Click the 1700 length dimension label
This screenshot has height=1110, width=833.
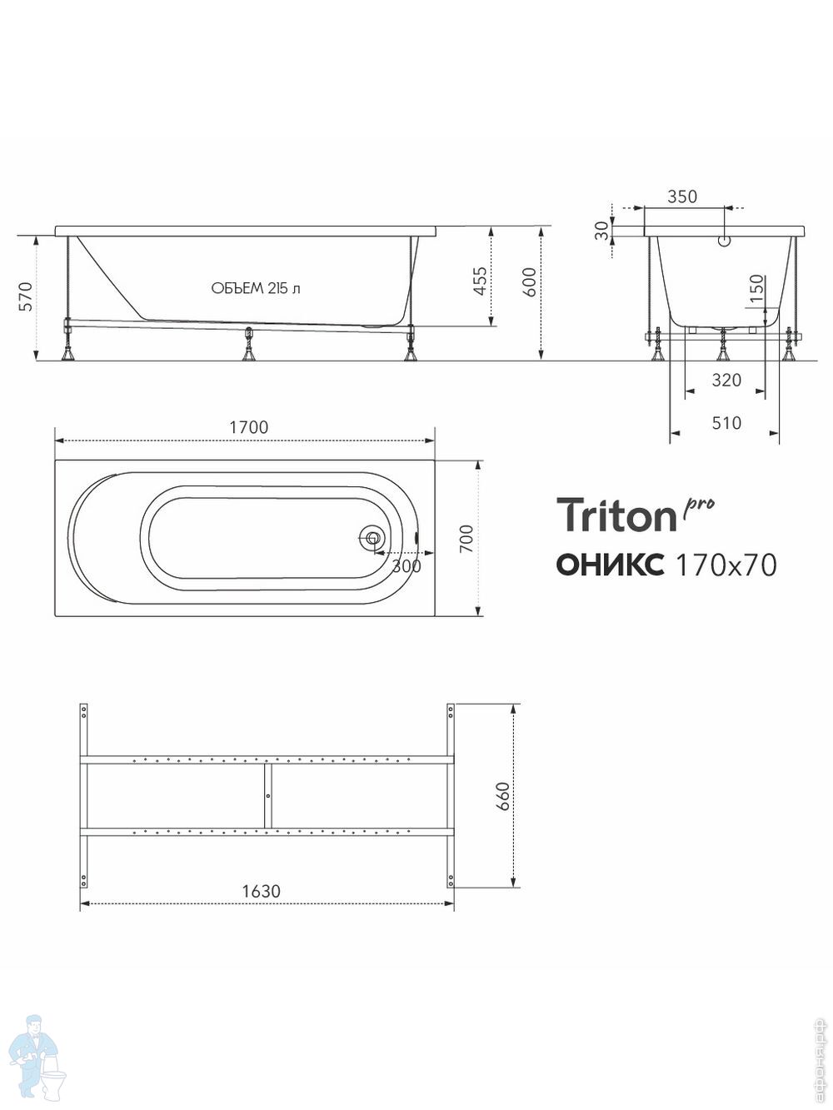(x=249, y=427)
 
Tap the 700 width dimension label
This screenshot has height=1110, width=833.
(x=466, y=539)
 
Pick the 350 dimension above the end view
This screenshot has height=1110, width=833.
(x=681, y=197)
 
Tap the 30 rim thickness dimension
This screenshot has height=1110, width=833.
(x=601, y=231)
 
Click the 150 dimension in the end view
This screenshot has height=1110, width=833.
(x=756, y=288)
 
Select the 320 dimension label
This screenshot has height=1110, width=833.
(x=726, y=380)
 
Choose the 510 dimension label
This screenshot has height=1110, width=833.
(x=726, y=423)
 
